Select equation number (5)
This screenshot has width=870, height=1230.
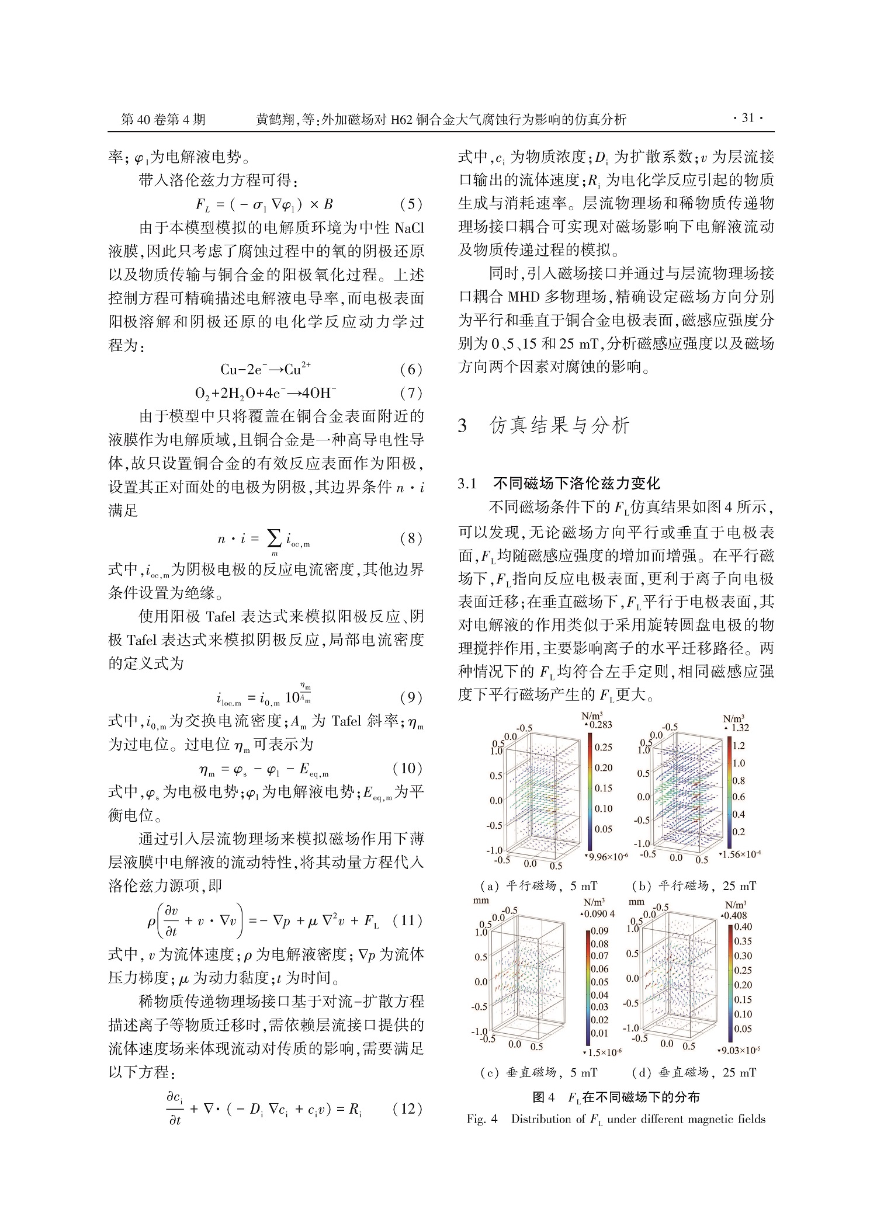tap(411, 204)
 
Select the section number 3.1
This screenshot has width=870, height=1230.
tap(469, 484)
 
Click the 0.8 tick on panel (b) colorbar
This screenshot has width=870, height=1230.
tap(739, 781)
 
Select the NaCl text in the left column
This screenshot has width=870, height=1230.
tap(409, 228)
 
